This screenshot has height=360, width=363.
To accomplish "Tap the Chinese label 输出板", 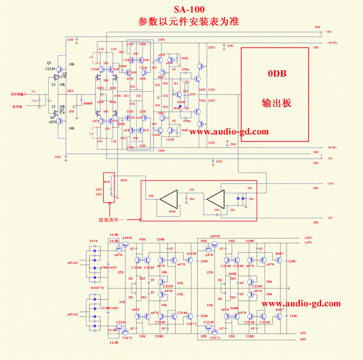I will [276, 102].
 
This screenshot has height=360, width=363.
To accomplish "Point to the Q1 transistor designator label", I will [49, 63].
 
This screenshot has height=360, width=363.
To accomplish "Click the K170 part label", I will [62, 77].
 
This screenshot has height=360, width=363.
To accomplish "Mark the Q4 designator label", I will [50, 117].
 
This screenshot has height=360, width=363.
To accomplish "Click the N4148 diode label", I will [181, 102].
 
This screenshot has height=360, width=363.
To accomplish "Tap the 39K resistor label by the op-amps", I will [151, 196].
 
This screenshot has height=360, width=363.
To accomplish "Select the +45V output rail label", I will [307, 238].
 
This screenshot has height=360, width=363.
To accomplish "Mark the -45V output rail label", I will [302, 339].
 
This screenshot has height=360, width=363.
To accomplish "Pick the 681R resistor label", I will [123, 181].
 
